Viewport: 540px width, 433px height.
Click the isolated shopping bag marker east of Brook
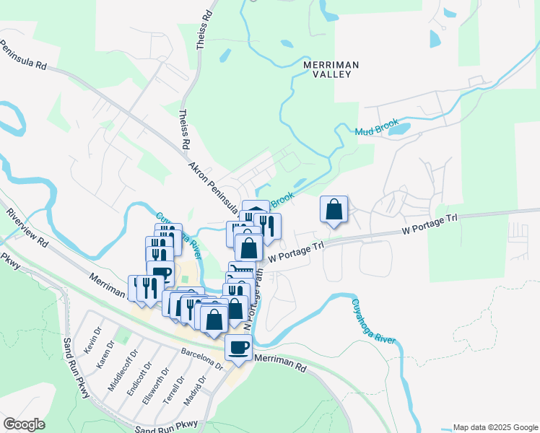coord(334,209)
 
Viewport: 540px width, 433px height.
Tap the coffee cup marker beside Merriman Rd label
coord(238,348)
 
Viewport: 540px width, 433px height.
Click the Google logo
coord(24,424)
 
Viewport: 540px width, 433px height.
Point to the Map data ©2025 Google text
coord(495,427)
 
